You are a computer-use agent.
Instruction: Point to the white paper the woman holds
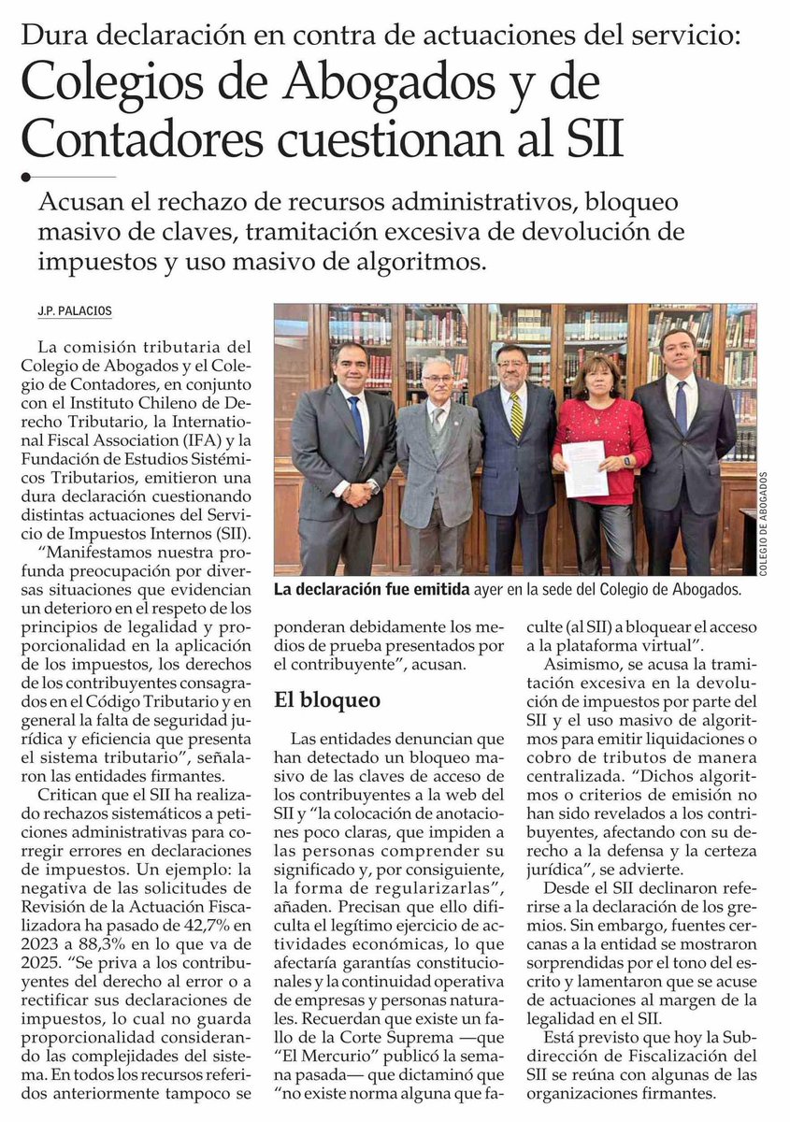(585, 467)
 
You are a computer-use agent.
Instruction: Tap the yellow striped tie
(516, 415)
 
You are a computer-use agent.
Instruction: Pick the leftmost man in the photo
(343, 449)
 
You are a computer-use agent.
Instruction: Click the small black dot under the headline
(26, 175)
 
